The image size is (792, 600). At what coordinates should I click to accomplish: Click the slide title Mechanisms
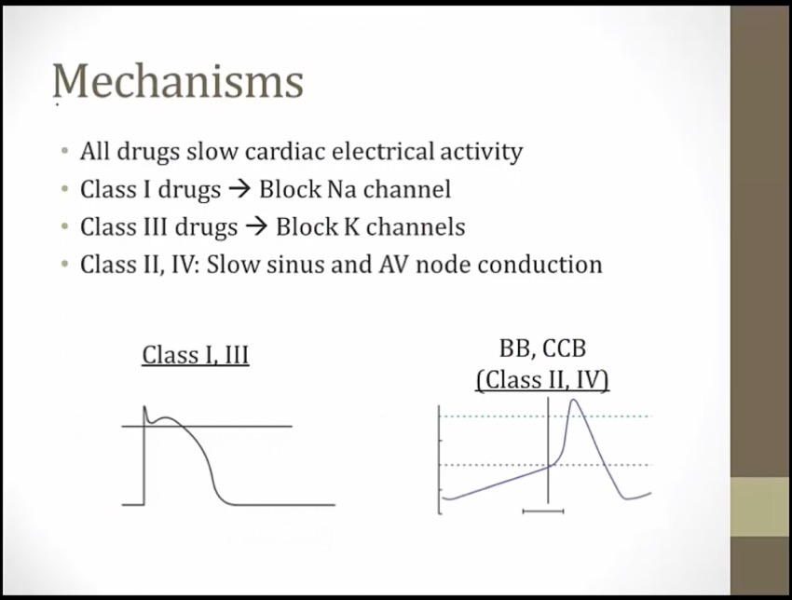pos(178,81)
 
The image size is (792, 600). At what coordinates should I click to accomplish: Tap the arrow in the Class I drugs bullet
pos(239,190)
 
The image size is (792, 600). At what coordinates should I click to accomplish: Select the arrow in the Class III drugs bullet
pos(256,227)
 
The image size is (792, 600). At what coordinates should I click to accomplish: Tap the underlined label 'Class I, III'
pos(196,355)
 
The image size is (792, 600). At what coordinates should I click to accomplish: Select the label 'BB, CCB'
pos(542,348)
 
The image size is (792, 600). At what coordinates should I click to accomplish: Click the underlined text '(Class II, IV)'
pos(542,380)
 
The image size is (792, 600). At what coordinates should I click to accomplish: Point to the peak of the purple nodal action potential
pos(573,400)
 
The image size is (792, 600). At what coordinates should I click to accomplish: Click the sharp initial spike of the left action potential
pos(144,407)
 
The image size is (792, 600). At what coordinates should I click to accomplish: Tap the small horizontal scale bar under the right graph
pos(543,511)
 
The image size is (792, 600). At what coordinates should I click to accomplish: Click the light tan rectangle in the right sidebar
pos(761,507)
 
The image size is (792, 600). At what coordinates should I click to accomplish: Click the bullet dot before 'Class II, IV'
pos(64,265)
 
